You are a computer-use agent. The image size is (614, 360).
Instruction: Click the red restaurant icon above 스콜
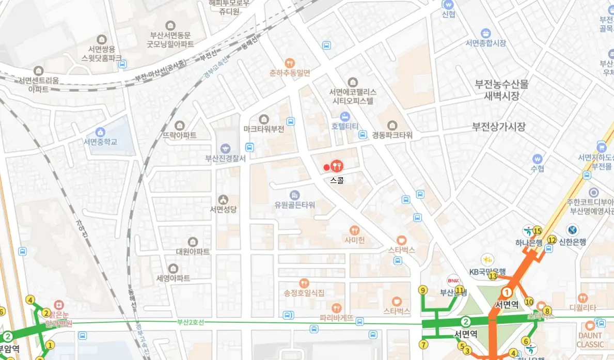tap(337, 166)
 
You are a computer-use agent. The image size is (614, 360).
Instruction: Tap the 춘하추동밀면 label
tap(290, 73)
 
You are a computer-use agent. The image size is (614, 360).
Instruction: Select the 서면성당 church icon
tap(223, 199)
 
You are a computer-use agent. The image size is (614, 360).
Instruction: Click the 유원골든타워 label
tap(295, 205)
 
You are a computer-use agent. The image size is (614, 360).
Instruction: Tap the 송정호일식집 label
tap(304, 293)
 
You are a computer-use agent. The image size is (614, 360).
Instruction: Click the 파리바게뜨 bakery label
tap(337, 318)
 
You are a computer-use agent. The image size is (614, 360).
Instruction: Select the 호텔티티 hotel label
tap(345, 126)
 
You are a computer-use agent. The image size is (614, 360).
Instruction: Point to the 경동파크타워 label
tap(392, 135)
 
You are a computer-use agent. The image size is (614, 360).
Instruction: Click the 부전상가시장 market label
tap(499, 126)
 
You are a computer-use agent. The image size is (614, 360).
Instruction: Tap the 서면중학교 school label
tap(100, 142)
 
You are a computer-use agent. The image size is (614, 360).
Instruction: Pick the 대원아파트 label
tap(193, 252)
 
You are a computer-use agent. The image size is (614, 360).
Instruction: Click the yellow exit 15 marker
tap(537, 231)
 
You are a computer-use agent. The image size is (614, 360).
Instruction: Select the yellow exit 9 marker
tap(423, 290)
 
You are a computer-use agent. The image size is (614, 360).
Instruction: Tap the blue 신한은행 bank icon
tap(572, 230)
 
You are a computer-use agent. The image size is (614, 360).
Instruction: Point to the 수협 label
tap(538, 168)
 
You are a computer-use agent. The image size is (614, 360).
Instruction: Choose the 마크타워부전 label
tap(264, 129)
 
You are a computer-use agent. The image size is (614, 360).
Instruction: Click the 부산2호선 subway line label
tap(191, 322)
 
